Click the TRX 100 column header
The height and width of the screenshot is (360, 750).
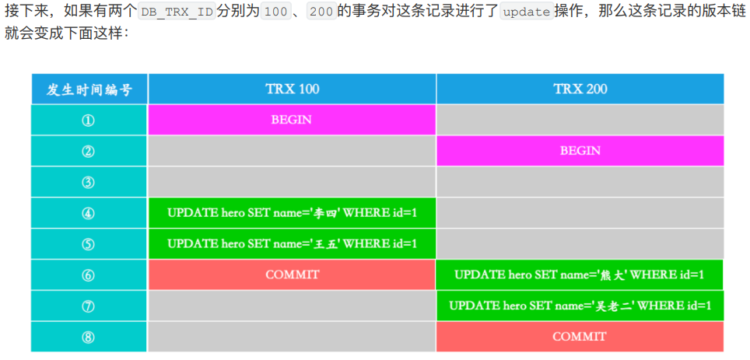[293, 89]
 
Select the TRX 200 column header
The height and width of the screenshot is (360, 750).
[580, 89]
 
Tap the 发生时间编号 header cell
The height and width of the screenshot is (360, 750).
[89, 89]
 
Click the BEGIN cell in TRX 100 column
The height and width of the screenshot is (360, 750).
[292, 120]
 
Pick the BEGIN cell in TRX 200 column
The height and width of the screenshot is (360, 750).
[580, 151]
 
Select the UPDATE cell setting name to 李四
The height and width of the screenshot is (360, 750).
[292, 213]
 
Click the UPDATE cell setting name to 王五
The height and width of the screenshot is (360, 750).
[292, 244]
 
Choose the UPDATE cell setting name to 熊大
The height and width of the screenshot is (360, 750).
[580, 275]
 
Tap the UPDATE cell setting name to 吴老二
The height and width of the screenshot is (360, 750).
[580, 306]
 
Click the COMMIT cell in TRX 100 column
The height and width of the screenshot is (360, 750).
[292, 275]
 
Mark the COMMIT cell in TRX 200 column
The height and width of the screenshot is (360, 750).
[580, 337]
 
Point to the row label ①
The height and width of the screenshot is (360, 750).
[88, 121]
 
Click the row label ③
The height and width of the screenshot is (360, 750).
[88, 182]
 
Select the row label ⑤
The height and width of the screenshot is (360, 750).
[88, 244]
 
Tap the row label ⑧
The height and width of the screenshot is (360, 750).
[88, 337]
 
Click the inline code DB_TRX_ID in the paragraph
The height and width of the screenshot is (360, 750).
[177, 12]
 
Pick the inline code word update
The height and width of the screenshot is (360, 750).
[527, 12]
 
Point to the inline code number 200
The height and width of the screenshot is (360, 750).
[321, 12]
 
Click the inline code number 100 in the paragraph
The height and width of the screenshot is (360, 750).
[275, 12]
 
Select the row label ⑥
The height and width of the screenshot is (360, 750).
[88, 275]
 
